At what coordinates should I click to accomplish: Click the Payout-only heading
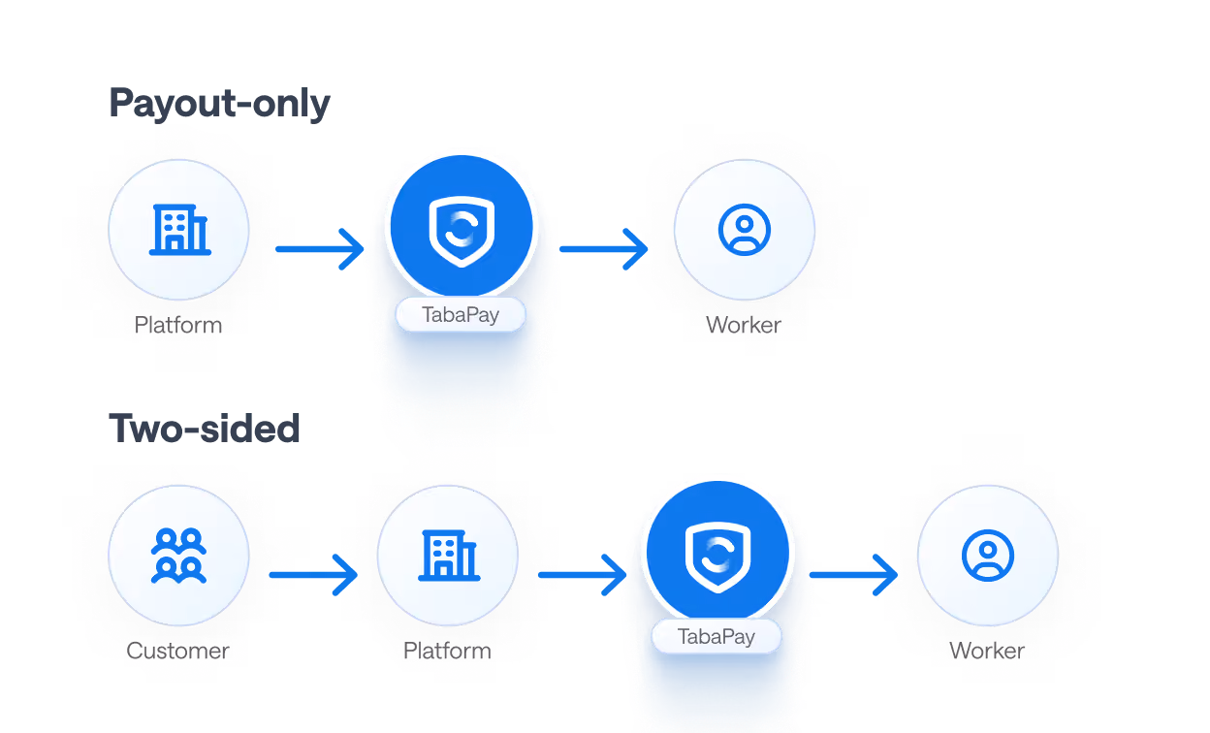(x=219, y=104)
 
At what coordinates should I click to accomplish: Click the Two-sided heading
(x=205, y=429)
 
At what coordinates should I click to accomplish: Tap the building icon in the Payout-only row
(x=180, y=229)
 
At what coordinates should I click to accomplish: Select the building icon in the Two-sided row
(x=449, y=556)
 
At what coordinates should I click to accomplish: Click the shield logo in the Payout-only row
(x=462, y=231)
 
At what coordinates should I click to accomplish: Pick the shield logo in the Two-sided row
(x=717, y=557)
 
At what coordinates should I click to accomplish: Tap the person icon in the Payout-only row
(x=745, y=230)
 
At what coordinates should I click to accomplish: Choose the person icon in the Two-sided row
(x=987, y=556)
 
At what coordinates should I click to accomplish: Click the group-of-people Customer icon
(x=178, y=556)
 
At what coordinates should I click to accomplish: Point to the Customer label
(x=177, y=651)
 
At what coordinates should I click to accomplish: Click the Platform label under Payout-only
(x=178, y=325)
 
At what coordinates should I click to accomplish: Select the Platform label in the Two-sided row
(x=447, y=651)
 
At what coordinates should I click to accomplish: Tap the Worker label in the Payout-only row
(x=744, y=325)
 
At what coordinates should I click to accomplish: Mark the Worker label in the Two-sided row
(x=987, y=651)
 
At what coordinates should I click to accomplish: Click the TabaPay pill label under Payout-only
(x=461, y=314)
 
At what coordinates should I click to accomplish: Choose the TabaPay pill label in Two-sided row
(x=716, y=636)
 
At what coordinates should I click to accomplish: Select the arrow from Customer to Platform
(x=313, y=575)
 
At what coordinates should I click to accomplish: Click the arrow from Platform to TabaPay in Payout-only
(x=320, y=249)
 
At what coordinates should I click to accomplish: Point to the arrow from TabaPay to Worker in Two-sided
(x=853, y=575)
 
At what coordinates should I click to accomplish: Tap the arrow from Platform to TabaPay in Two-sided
(x=583, y=575)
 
